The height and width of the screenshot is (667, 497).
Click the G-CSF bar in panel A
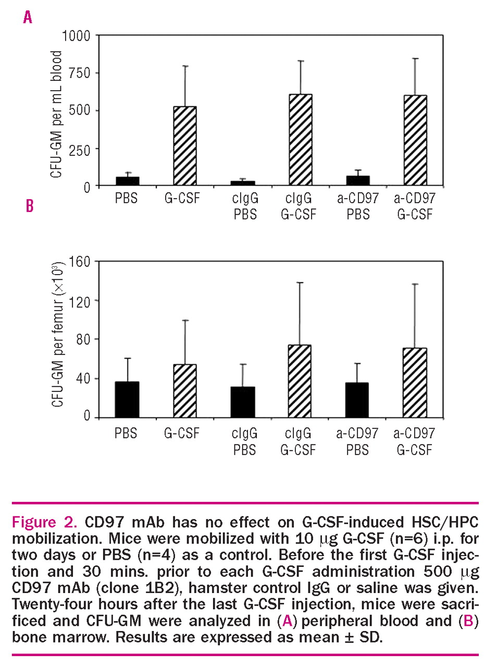point(185,146)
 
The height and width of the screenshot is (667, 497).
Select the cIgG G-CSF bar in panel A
point(301,140)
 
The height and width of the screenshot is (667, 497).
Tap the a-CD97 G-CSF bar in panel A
point(415,141)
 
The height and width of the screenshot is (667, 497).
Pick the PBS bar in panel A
point(127,181)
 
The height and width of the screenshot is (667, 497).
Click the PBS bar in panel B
point(127,400)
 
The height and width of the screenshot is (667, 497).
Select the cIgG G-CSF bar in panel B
point(300,381)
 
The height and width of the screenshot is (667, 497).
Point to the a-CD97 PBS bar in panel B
point(357,400)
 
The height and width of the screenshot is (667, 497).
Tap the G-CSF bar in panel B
point(185,391)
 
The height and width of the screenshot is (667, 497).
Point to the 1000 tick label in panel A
point(76,36)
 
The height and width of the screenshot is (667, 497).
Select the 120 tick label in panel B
point(79,301)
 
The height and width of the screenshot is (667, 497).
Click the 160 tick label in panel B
point(79,262)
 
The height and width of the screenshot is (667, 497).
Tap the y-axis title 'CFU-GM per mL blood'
point(56,114)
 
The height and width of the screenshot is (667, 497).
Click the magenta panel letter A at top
point(28,18)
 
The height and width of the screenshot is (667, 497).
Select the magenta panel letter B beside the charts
point(30,206)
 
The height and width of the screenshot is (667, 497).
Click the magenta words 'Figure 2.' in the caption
point(44,522)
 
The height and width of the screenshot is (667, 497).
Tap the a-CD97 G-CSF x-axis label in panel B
point(414,441)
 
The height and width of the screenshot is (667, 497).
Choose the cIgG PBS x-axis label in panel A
point(245,206)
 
